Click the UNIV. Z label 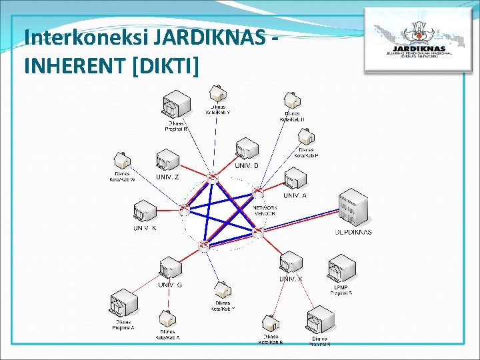[x=167, y=177]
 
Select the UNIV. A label [x=295, y=195]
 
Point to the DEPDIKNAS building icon [x=353, y=208]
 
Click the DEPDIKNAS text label [x=353, y=232]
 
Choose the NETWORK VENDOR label [x=265, y=210]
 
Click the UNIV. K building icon [x=144, y=212]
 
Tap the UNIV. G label [x=170, y=285]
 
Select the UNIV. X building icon [x=291, y=263]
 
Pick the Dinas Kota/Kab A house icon [x=168, y=318]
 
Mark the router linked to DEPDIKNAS [x=258, y=231]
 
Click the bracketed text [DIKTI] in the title [x=167, y=65]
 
